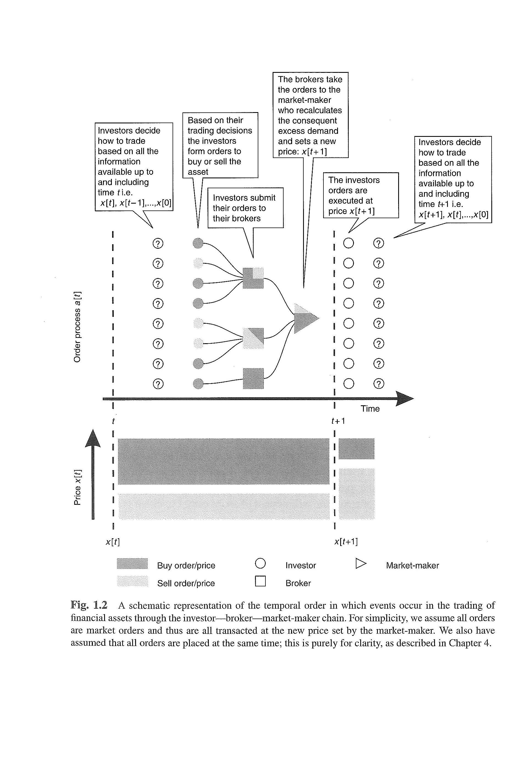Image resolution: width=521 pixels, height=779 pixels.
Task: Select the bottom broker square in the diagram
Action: click(253, 378)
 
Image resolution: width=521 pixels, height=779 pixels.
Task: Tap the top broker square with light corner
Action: click(253, 278)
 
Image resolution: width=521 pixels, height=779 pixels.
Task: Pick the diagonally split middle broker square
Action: click(253, 338)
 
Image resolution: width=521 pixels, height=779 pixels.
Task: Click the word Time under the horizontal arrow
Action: click(370, 409)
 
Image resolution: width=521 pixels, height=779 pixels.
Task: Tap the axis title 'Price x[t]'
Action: click(77, 487)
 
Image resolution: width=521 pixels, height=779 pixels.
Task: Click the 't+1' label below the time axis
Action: click(338, 421)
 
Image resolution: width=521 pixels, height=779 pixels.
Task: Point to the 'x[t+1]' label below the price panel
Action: click(346, 542)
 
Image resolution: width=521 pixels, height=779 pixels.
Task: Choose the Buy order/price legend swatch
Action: click(132, 563)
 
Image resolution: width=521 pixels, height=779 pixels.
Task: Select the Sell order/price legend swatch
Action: click(132, 581)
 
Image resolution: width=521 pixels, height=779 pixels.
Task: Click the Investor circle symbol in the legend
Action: click(260, 563)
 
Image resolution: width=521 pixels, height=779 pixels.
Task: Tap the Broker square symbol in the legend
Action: click(260, 581)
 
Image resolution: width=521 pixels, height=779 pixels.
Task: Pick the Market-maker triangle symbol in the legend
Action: click(361, 563)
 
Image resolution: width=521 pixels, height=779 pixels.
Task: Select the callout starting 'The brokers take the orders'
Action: click(310, 115)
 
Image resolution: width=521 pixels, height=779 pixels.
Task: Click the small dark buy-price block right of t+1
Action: click(356, 448)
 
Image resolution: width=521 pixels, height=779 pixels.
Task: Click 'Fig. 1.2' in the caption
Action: click(89, 605)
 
